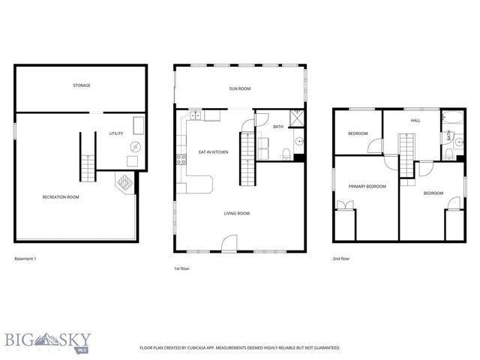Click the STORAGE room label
click(82, 85)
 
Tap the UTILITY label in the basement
click(116, 133)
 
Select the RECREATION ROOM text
click(61, 197)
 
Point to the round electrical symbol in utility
click(135, 146)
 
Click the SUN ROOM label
click(239, 88)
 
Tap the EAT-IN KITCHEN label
click(213, 152)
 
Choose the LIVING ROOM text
click(236, 213)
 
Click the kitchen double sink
click(196, 115)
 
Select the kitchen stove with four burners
click(180, 159)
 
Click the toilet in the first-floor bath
click(286, 154)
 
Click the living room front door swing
click(229, 242)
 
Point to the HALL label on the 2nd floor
click(415, 120)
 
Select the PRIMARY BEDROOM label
click(367, 186)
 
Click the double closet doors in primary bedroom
click(345, 205)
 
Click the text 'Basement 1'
click(25, 259)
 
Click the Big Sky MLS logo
click(46, 342)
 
